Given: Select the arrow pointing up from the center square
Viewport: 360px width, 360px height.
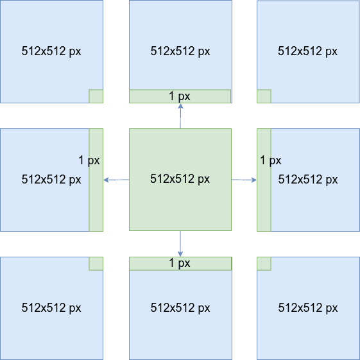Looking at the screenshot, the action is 180,116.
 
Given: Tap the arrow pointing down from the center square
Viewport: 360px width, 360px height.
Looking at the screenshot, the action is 180,244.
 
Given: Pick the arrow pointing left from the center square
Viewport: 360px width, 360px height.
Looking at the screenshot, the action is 116,180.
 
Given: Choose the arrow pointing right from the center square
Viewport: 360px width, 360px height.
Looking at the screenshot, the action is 244,180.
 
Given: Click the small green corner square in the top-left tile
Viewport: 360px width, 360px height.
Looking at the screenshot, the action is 96,96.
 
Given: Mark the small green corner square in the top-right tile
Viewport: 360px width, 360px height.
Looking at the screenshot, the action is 264,96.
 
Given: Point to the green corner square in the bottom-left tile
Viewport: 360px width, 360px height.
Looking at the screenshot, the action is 96,264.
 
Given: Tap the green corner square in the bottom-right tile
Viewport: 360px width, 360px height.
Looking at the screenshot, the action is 264,264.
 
